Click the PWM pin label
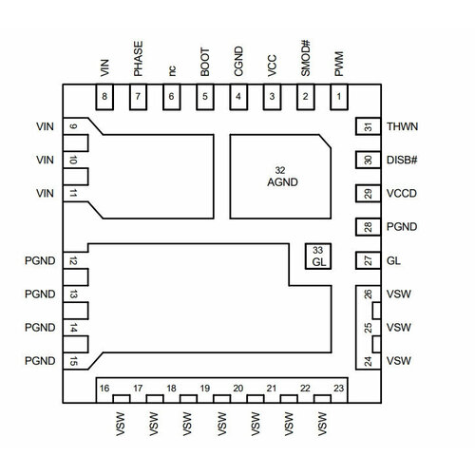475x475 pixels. (x=339, y=64)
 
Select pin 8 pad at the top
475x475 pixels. (x=104, y=97)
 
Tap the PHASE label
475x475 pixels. (x=138, y=59)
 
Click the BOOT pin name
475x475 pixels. (x=205, y=62)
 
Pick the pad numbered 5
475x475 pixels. (x=205, y=97)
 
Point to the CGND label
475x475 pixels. (x=238, y=62)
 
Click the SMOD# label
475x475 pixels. (x=306, y=58)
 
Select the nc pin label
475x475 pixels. (x=172, y=70)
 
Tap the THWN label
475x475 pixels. (x=402, y=126)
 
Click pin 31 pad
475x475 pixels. (x=368, y=126)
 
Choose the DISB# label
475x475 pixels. (x=402, y=161)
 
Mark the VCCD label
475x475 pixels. (x=402, y=194)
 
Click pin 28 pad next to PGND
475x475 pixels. (x=368, y=227)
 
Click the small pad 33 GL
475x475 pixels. (x=318, y=256)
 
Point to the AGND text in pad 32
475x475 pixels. (x=282, y=182)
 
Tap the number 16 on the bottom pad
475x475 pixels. (x=104, y=389)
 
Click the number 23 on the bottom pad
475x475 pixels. (x=338, y=389)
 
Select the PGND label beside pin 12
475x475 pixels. (x=40, y=261)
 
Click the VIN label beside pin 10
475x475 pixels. (x=45, y=161)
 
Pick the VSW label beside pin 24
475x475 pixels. (x=399, y=361)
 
